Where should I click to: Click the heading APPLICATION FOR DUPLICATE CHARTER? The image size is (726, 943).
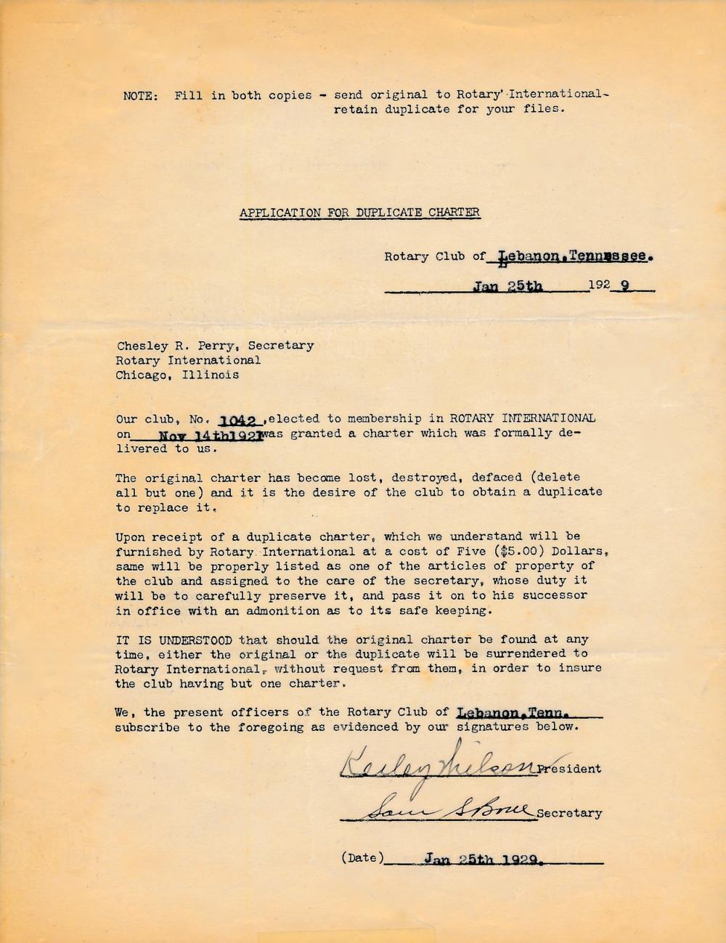pyautogui.click(x=359, y=213)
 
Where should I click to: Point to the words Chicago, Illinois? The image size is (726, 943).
pyautogui.click(x=177, y=375)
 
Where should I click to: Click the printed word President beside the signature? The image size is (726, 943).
pyautogui.click(x=569, y=769)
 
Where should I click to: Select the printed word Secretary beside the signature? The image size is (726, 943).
pyautogui.click(x=569, y=813)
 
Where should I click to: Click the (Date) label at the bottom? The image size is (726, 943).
pyautogui.click(x=362, y=858)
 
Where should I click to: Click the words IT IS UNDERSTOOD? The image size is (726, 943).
pyautogui.click(x=174, y=640)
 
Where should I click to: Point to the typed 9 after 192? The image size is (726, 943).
pyautogui.click(x=623, y=285)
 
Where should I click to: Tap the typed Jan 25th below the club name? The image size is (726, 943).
pyautogui.click(x=507, y=286)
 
